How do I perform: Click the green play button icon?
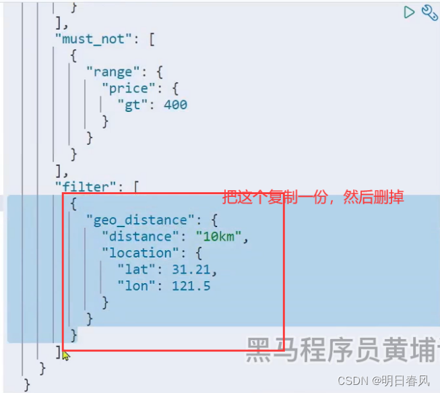pos(409,11)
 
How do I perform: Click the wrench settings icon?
pos(429,12)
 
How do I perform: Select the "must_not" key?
pos(93,39)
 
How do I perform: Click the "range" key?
pos(112,71)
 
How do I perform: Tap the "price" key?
pos(127,88)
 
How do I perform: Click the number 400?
pos(175,104)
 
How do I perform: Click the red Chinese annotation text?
pos(313,198)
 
